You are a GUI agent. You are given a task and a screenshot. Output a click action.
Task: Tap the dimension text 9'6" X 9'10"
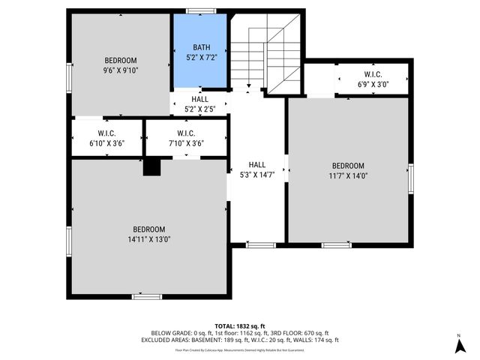[121, 70]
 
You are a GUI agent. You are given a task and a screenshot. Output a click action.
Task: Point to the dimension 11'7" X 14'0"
[348, 176]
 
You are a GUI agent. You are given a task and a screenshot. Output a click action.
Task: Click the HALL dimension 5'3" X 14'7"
[257, 175]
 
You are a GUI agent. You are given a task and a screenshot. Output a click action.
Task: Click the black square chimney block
[152, 168]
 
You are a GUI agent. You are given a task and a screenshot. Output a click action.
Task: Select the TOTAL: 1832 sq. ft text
[240, 326]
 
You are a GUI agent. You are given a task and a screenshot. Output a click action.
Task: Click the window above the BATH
[201, 10]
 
